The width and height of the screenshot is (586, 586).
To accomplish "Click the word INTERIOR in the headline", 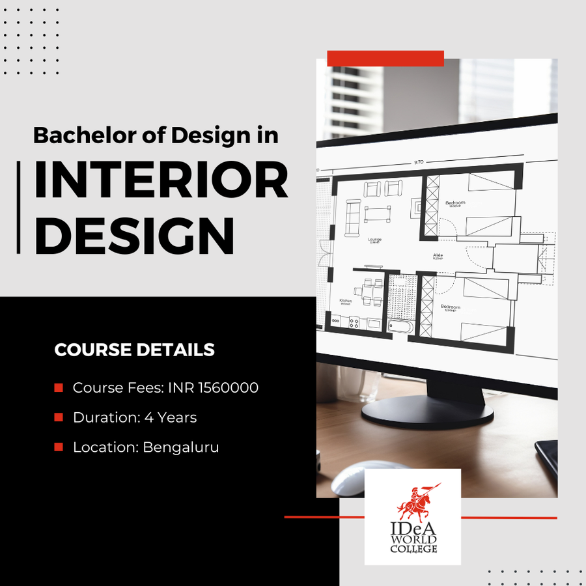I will point(161,180).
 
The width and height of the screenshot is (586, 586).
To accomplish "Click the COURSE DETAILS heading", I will point(134,350).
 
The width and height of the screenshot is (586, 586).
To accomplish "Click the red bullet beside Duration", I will point(59,417).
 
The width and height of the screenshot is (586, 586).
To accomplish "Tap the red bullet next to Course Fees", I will point(59,387).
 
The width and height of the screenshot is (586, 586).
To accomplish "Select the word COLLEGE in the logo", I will point(414,549).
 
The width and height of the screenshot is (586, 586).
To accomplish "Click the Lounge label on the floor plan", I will point(374,239).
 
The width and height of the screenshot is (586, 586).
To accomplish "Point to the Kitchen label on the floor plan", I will point(345,301).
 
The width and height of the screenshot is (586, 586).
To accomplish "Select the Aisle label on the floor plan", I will point(438,255).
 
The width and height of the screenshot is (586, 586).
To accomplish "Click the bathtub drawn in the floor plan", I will point(399,326).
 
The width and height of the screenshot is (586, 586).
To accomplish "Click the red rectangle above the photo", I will point(385,58).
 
